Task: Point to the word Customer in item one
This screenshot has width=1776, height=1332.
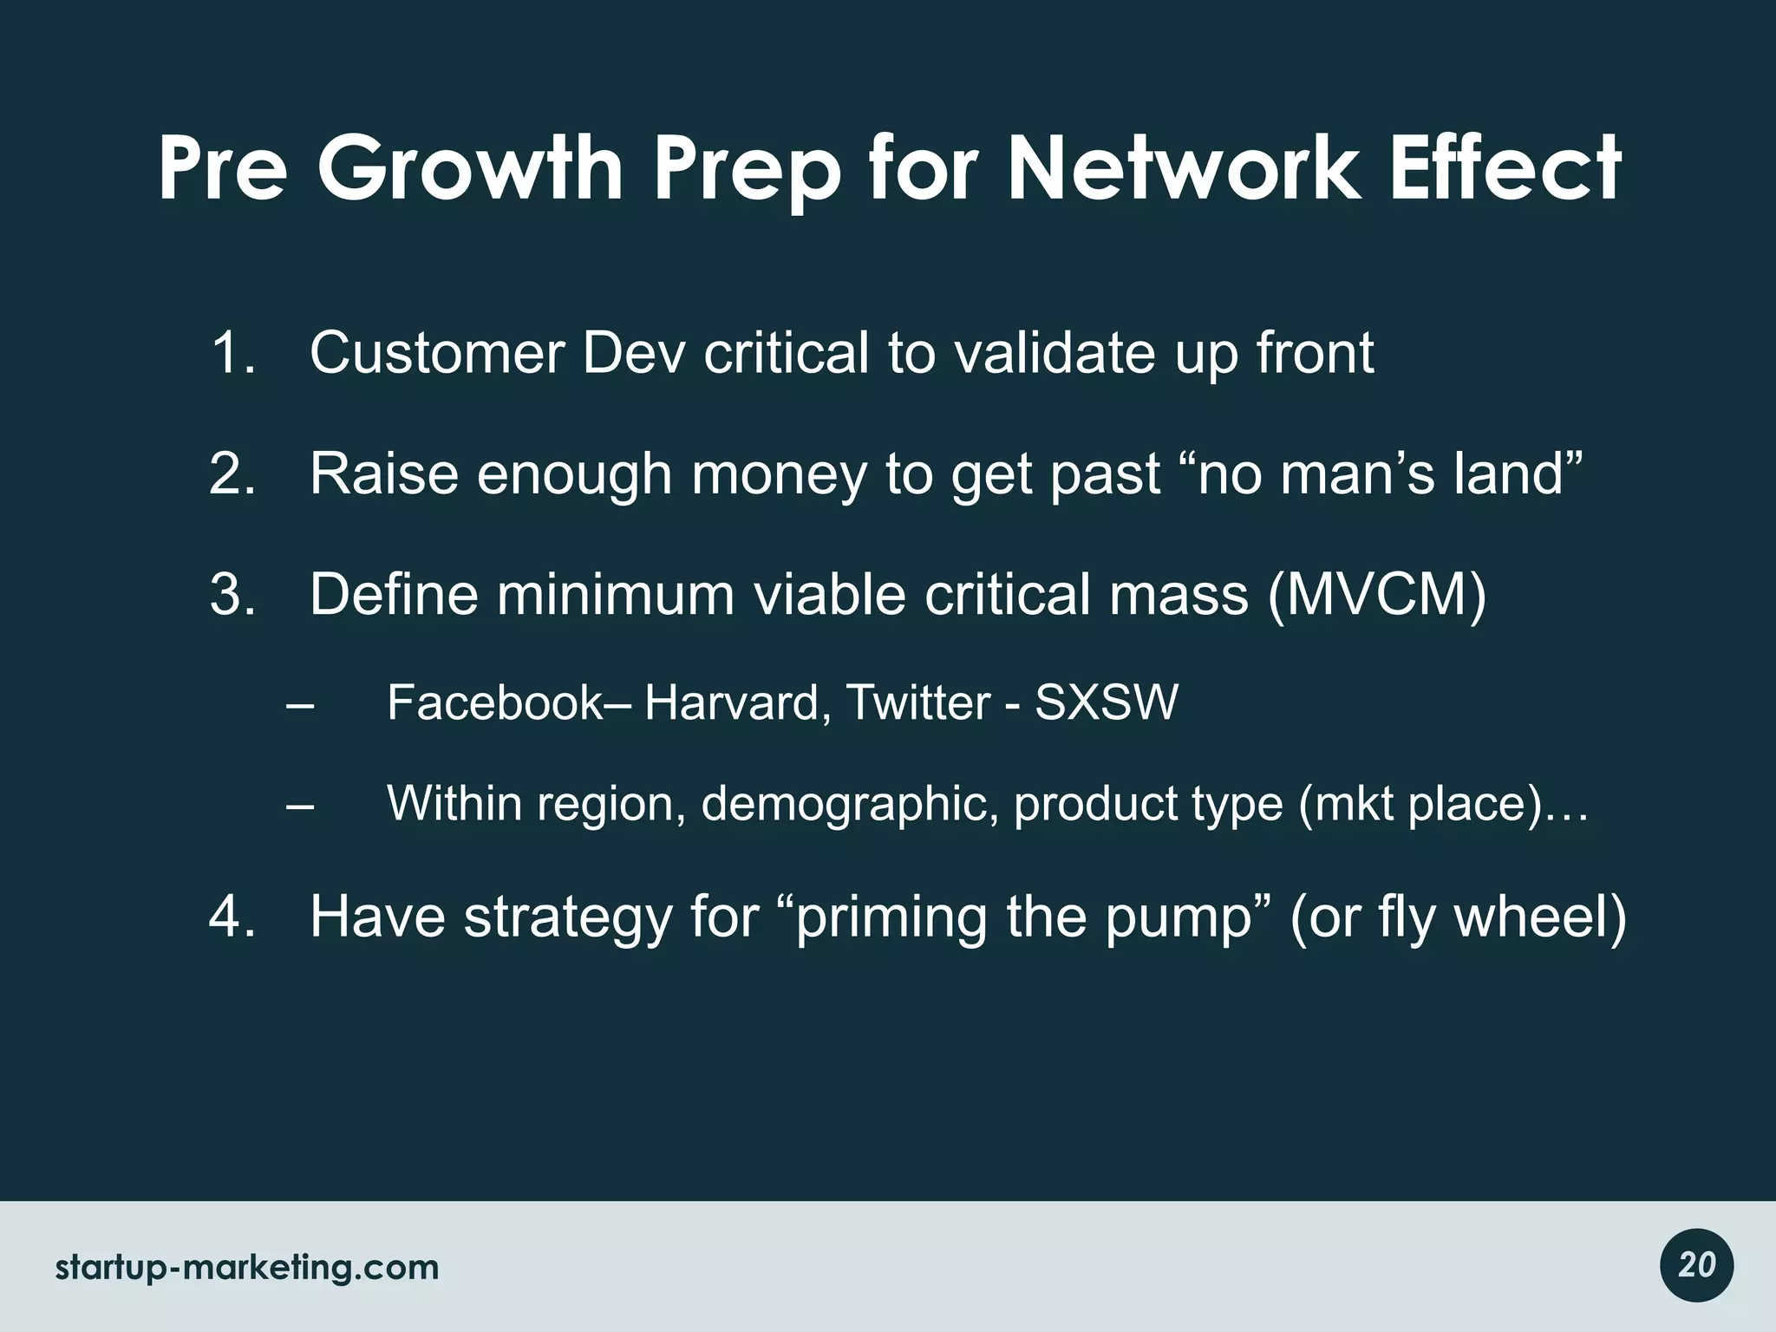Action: [437, 354]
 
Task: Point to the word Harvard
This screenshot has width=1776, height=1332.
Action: [731, 702]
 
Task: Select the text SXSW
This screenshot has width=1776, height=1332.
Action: [1107, 702]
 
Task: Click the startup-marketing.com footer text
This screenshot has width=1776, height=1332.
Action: [247, 1268]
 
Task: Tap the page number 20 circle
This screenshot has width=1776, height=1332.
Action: [1696, 1265]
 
